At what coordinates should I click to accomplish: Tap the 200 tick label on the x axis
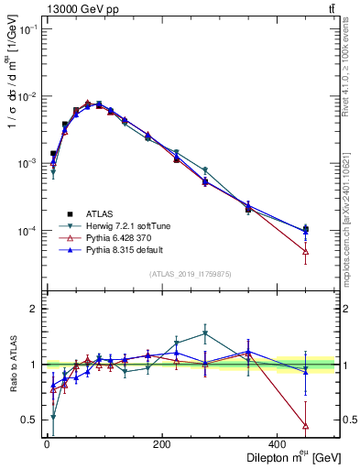pos(162,444)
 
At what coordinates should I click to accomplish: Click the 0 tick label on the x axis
pos(47,444)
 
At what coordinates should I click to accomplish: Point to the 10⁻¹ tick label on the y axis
pos(27,30)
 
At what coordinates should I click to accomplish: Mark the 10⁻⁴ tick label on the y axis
pos(27,231)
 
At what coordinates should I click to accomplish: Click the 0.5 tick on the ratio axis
pos(29,420)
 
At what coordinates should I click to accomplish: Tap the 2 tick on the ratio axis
pos(33,310)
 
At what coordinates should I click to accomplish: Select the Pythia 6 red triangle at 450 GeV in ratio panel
pos(306,426)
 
